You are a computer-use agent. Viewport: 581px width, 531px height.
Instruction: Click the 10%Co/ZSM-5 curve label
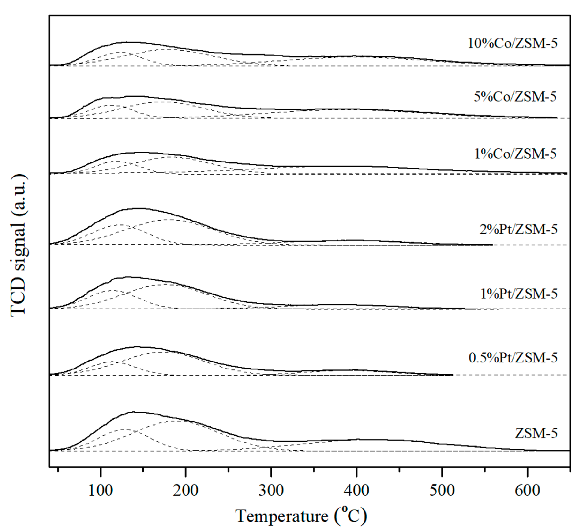[512, 43]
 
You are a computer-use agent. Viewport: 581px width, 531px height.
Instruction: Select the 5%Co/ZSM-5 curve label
[515, 97]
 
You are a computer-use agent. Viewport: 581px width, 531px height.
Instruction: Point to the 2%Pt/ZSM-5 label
[518, 230]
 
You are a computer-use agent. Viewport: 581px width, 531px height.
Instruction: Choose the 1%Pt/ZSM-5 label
[519, 294]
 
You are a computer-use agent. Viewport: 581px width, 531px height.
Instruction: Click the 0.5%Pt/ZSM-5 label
[513, 358]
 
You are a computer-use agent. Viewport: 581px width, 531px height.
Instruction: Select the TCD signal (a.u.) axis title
[19, 245]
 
